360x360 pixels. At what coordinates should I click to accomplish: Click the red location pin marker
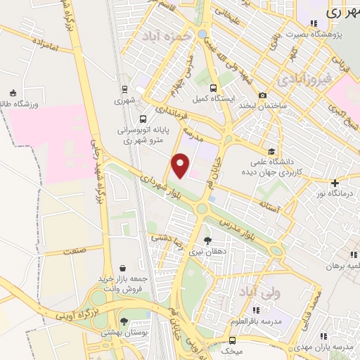(181, 165)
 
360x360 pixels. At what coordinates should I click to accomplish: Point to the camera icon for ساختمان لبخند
(262, 95)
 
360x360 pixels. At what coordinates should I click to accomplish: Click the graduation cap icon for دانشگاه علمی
(271, 150)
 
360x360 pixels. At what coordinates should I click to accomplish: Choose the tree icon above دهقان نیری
(207, 240)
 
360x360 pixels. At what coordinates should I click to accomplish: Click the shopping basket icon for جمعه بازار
(124, 268)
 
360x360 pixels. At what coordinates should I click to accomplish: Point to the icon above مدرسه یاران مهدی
(323, 337)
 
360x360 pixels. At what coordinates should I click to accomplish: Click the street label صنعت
(72, 250)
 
